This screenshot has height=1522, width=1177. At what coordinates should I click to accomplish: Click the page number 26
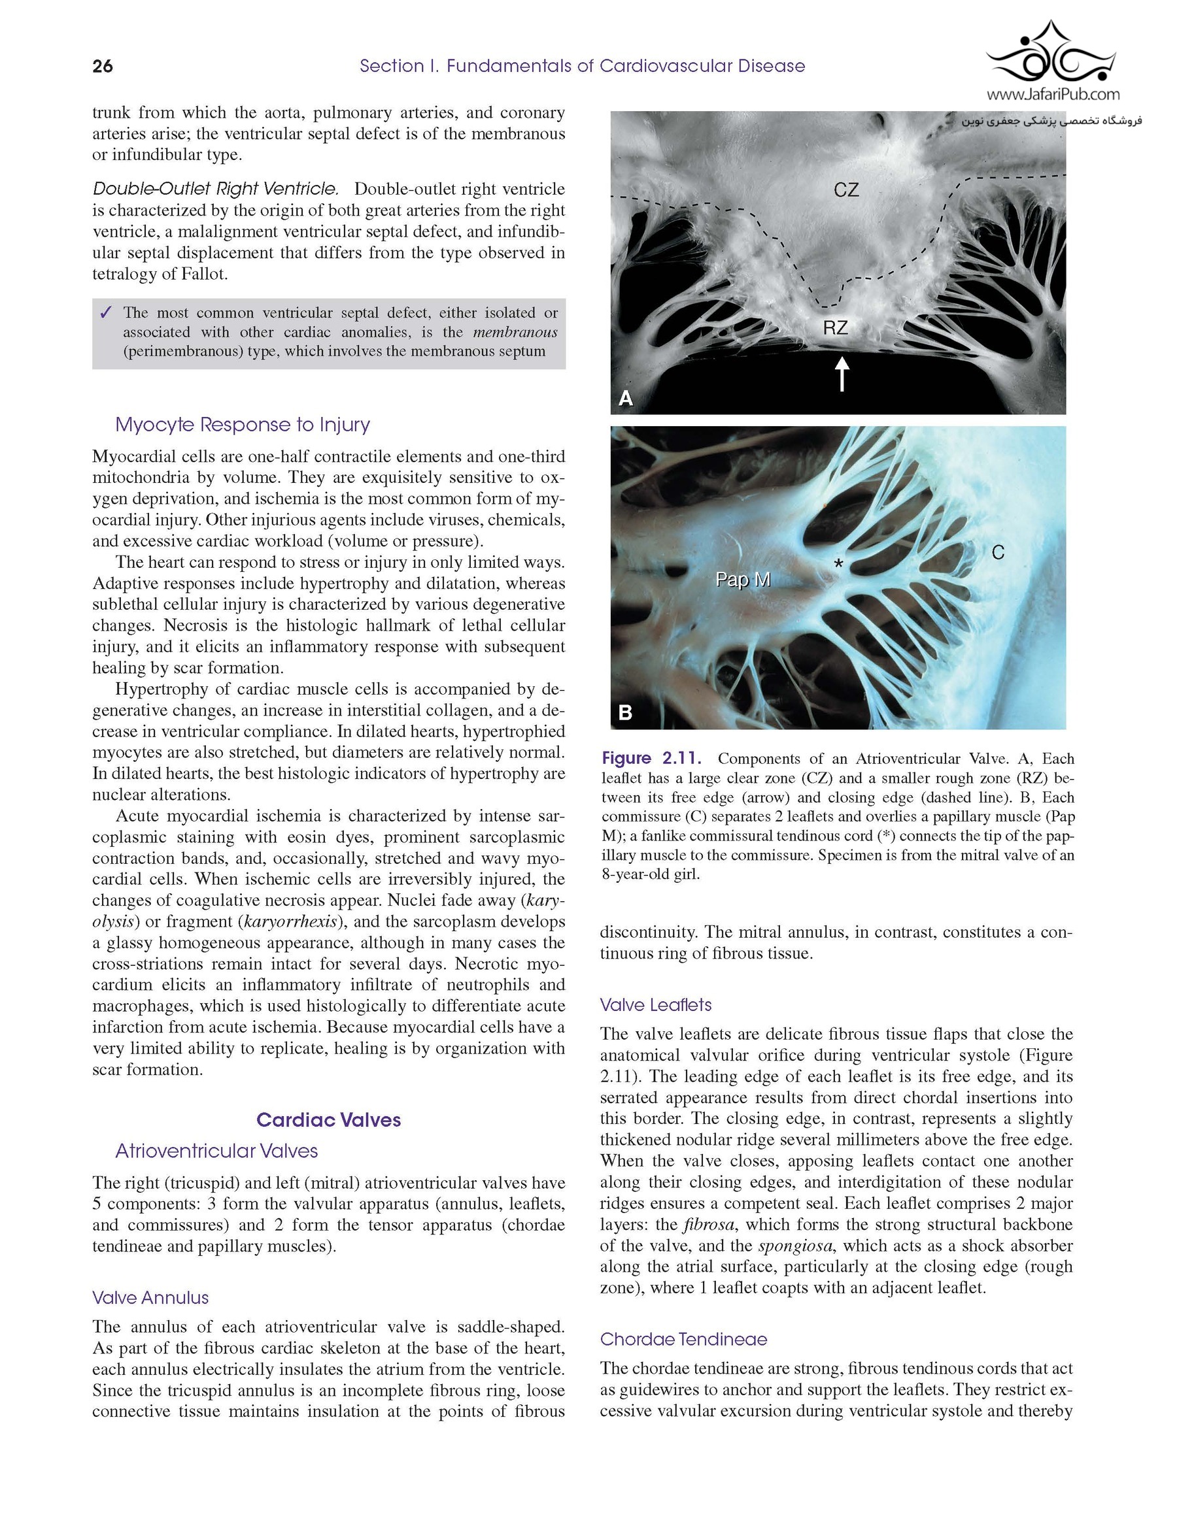tap(103, 66)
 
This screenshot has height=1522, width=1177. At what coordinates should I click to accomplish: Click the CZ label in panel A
tap(845, 190)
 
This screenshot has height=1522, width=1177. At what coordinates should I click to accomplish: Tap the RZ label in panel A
tap(835, 327)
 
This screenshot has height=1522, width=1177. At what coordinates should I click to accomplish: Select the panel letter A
tap(626, 398)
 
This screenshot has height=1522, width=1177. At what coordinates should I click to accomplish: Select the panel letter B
tap(626, 712)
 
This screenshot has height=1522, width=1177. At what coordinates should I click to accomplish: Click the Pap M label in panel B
tap(743, 579)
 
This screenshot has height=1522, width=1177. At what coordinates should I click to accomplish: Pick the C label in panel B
tap(998, 553)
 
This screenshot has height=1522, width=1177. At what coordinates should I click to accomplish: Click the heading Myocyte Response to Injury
tap(243, 424)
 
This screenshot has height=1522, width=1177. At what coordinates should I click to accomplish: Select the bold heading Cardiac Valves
tap(328, 1119)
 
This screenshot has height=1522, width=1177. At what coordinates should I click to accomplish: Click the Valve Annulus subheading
tap(150, 1297)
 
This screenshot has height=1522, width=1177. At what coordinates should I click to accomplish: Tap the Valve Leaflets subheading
tap(655, 1004)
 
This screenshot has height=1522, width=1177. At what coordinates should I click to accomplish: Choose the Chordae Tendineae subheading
tap(683, 1339)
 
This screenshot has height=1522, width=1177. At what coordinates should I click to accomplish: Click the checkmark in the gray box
tap(106, 313)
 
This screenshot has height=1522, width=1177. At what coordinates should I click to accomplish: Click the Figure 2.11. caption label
tap(651, 758)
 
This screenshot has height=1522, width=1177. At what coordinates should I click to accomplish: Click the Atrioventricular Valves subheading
tap(216, 1151)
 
